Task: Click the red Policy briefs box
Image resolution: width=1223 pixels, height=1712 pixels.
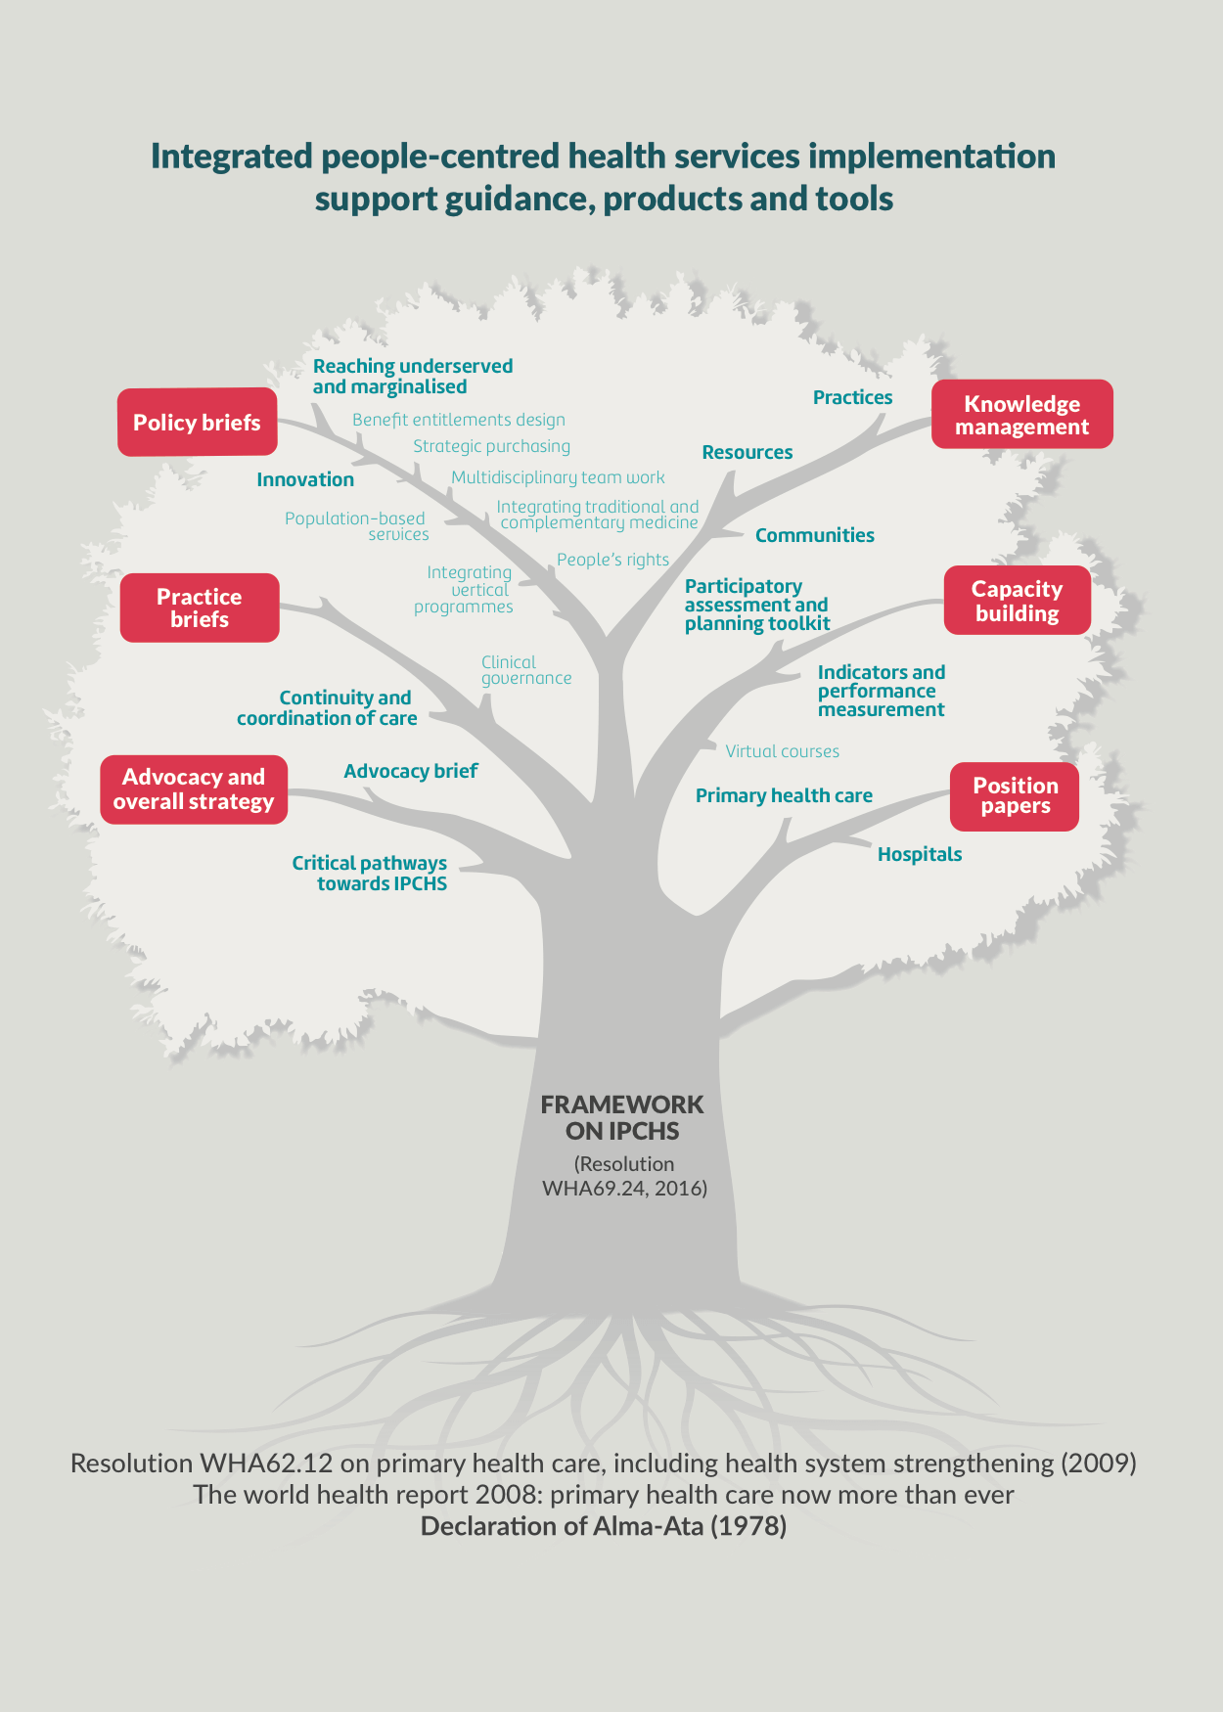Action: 197,423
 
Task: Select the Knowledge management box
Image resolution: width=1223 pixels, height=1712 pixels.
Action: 1021,415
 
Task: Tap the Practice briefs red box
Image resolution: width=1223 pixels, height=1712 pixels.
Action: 200,608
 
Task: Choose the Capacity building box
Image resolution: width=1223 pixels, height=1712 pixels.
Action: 1017,601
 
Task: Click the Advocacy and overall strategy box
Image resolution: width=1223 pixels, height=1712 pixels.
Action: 194,789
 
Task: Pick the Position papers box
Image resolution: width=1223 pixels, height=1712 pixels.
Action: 1015,796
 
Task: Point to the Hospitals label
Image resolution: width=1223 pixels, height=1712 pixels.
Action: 919,854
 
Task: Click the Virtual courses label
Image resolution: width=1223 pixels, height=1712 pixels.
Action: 782,751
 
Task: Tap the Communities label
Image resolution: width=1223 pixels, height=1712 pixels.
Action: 814,535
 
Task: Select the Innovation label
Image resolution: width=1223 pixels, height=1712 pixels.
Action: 305,479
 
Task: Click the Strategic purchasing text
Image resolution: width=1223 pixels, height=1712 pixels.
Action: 491,446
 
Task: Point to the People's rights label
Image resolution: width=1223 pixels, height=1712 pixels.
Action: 612,560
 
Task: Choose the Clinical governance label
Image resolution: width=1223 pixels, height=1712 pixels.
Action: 525,670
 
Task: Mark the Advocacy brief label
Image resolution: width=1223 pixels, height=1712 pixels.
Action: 410,771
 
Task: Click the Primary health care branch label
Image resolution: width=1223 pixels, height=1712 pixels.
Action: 784,795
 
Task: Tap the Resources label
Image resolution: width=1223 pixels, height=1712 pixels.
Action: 747,452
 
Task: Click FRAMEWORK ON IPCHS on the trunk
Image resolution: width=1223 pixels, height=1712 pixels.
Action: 622,1117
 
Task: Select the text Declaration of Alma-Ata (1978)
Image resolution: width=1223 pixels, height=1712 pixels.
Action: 603,1526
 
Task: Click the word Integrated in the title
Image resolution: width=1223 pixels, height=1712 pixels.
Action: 231,157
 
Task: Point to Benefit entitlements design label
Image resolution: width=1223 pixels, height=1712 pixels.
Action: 459,420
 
